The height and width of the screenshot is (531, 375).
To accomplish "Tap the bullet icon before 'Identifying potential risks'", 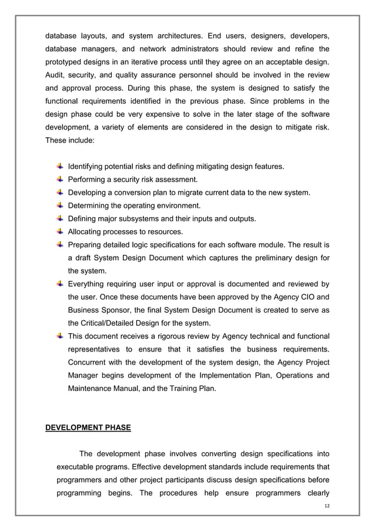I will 61,167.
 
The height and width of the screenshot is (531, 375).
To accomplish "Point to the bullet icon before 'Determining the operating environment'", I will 61,205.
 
